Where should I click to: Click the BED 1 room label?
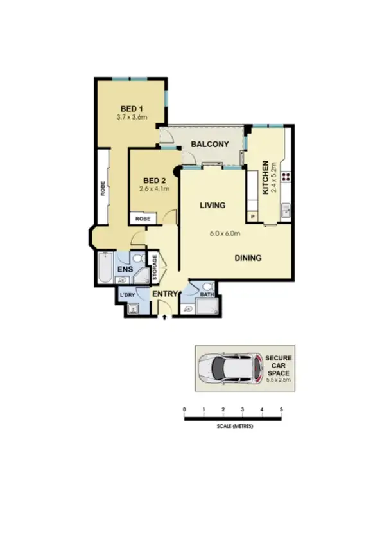tap(132, 108)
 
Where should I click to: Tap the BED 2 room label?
tap(154, 180)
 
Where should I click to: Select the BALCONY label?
tap(209, 145)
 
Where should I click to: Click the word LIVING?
tap(212, 206)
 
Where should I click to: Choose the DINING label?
tap(248, 258)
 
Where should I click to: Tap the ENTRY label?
tap(164, 294)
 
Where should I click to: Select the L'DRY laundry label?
tap(127, 295)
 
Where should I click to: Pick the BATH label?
tap(207, 295)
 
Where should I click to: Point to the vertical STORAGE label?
tap(154, 269)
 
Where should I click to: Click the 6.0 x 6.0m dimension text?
tap(225, 233)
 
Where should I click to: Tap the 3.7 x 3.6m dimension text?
tap(132, 118)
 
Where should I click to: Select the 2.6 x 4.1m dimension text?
tap(154, 190)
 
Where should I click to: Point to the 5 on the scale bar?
tap(281, 409)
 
